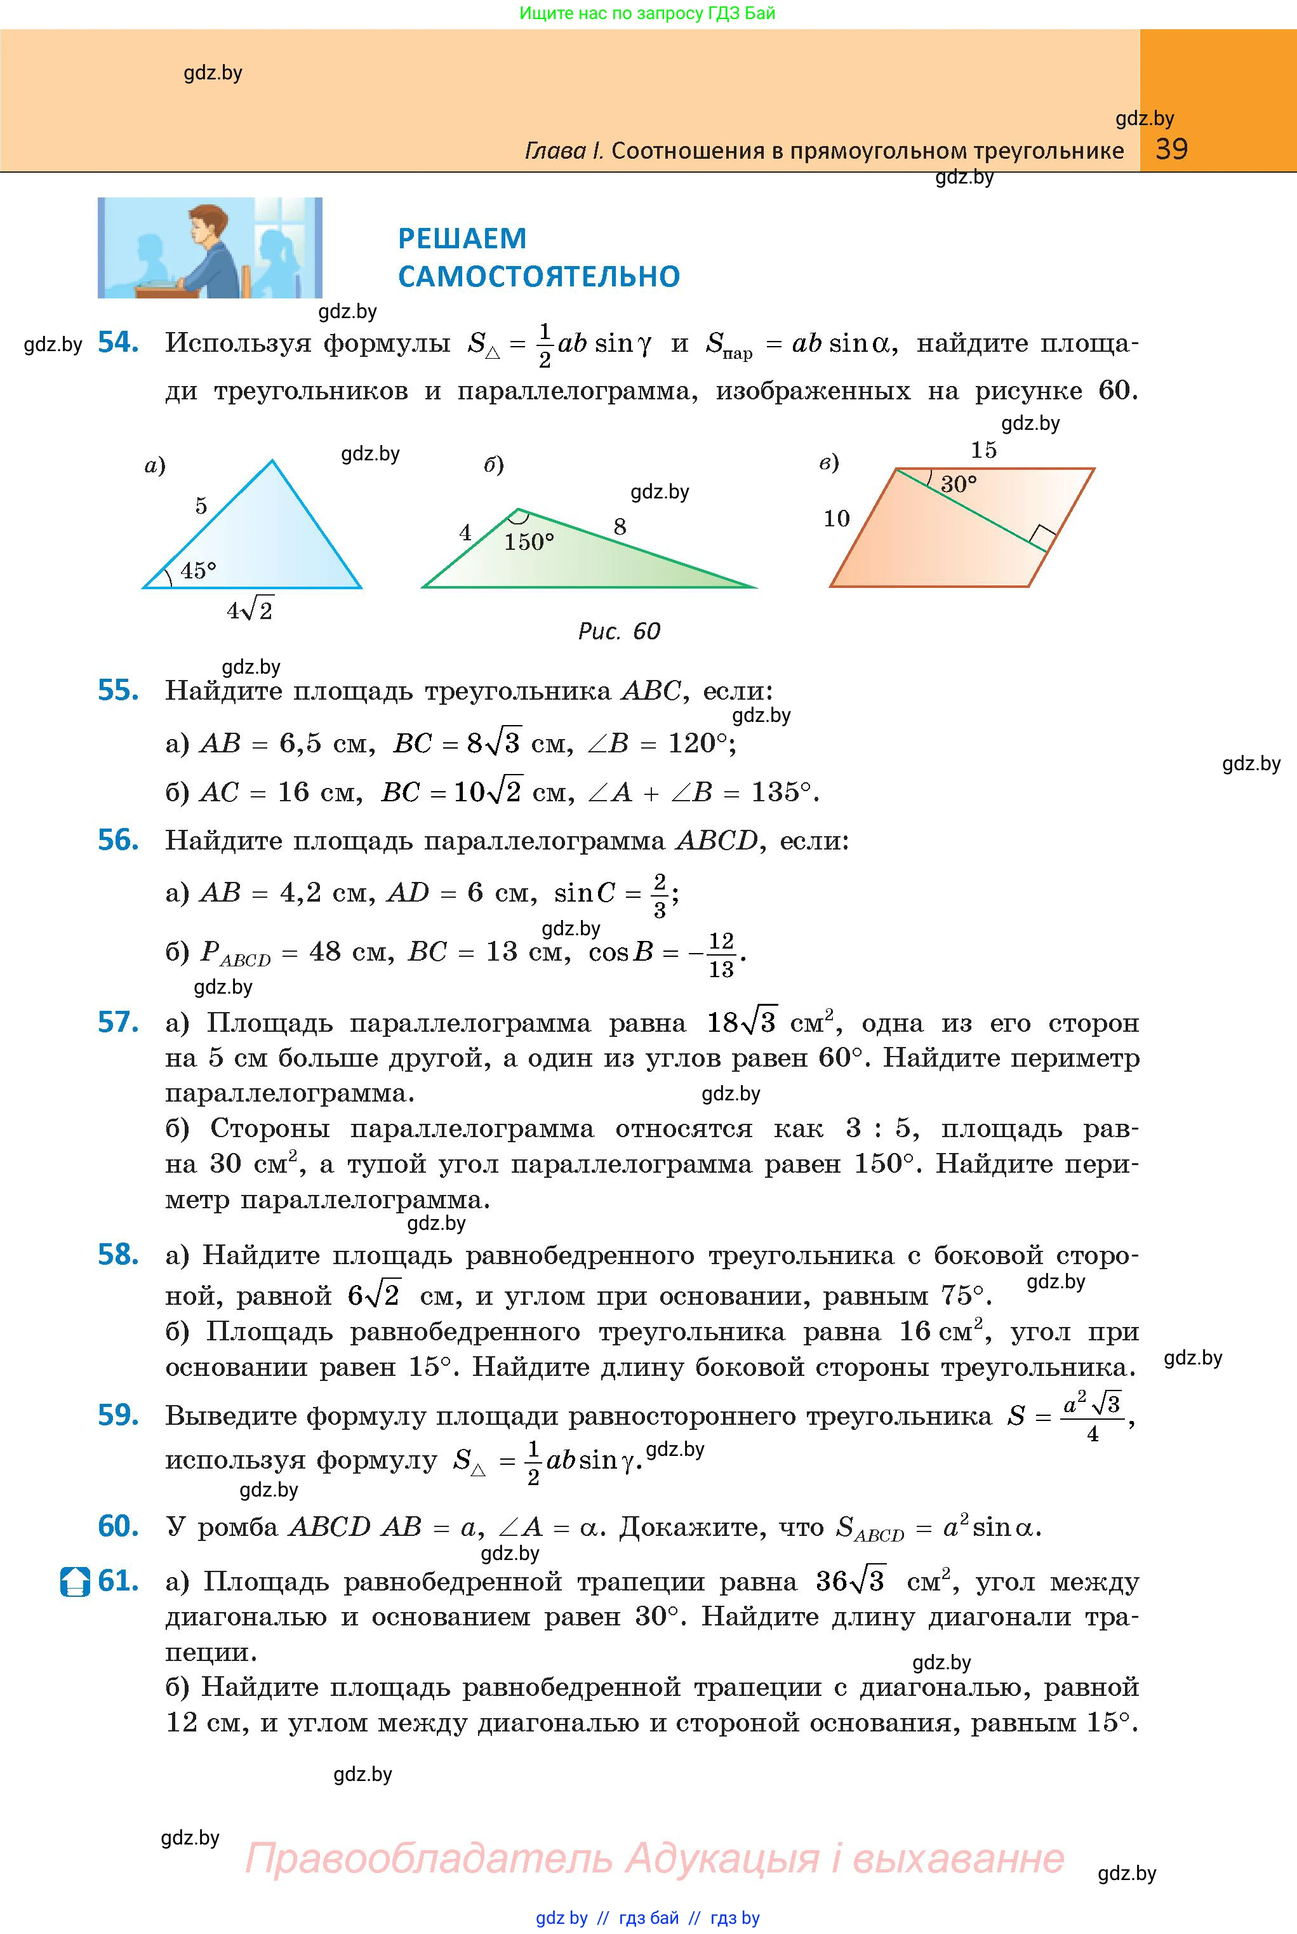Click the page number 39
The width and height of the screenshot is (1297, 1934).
tap(1171, 149)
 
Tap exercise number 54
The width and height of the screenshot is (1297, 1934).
tap(117, 342)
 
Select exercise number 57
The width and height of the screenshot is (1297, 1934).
tap(117, 1022)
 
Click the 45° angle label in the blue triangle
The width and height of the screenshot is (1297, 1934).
tap(199, 570)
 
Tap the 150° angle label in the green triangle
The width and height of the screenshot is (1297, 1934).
tap(529, 542)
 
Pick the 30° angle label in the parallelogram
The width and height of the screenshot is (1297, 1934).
tap(958, 484)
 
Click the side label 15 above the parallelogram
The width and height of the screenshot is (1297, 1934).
tap(983, 450)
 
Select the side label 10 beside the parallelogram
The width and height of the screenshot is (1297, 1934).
tap(836, 519)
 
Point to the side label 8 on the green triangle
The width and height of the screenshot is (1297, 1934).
tap(620, 526)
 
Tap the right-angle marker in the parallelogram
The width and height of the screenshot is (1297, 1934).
tap(1042, 537)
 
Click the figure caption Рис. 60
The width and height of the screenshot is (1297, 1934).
tap(619, 631)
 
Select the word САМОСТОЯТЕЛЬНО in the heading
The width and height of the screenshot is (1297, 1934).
tap(538, 276)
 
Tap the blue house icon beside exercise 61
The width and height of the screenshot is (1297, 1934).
tap(74, 1582)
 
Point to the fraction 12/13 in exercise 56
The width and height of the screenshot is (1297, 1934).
tap(721, 954)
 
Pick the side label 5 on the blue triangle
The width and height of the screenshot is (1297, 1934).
tap(201, 505)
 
